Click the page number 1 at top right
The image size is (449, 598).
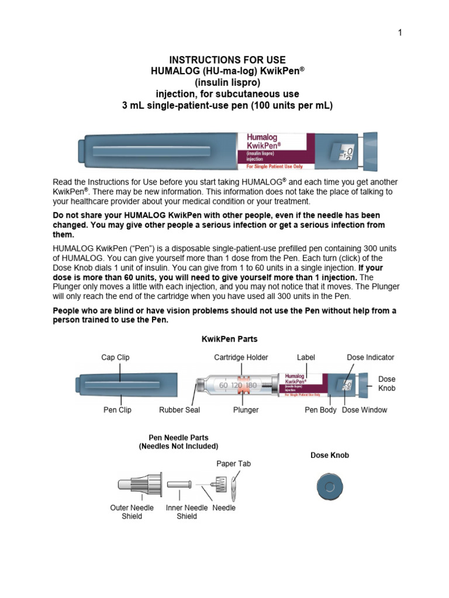400,33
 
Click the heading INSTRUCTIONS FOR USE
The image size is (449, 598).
227,60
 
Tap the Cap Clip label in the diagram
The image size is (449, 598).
116,357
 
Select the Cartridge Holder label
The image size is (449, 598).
241,357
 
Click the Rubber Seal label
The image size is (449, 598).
179,410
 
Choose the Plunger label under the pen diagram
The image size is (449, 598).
246,410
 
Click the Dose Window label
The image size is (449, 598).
364,410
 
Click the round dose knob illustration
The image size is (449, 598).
330,487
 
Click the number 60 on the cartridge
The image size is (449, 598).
223,386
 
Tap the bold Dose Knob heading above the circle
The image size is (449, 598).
329,455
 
